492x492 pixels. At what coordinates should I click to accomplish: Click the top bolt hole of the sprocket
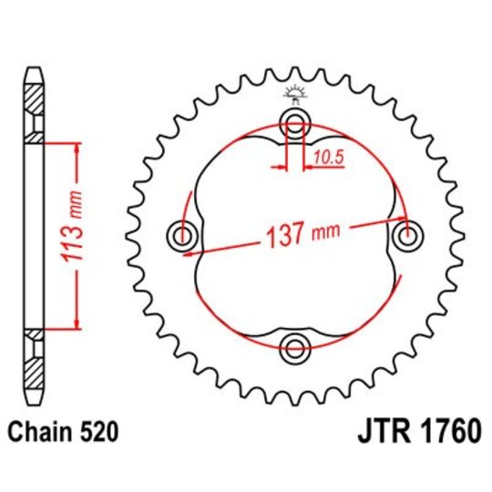click(296, 125)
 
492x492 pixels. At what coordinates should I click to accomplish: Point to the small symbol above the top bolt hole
click(294, 92)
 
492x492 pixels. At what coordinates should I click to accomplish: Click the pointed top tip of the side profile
click(35, 69)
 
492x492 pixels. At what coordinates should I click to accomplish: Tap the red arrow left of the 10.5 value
click(278, 167)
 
